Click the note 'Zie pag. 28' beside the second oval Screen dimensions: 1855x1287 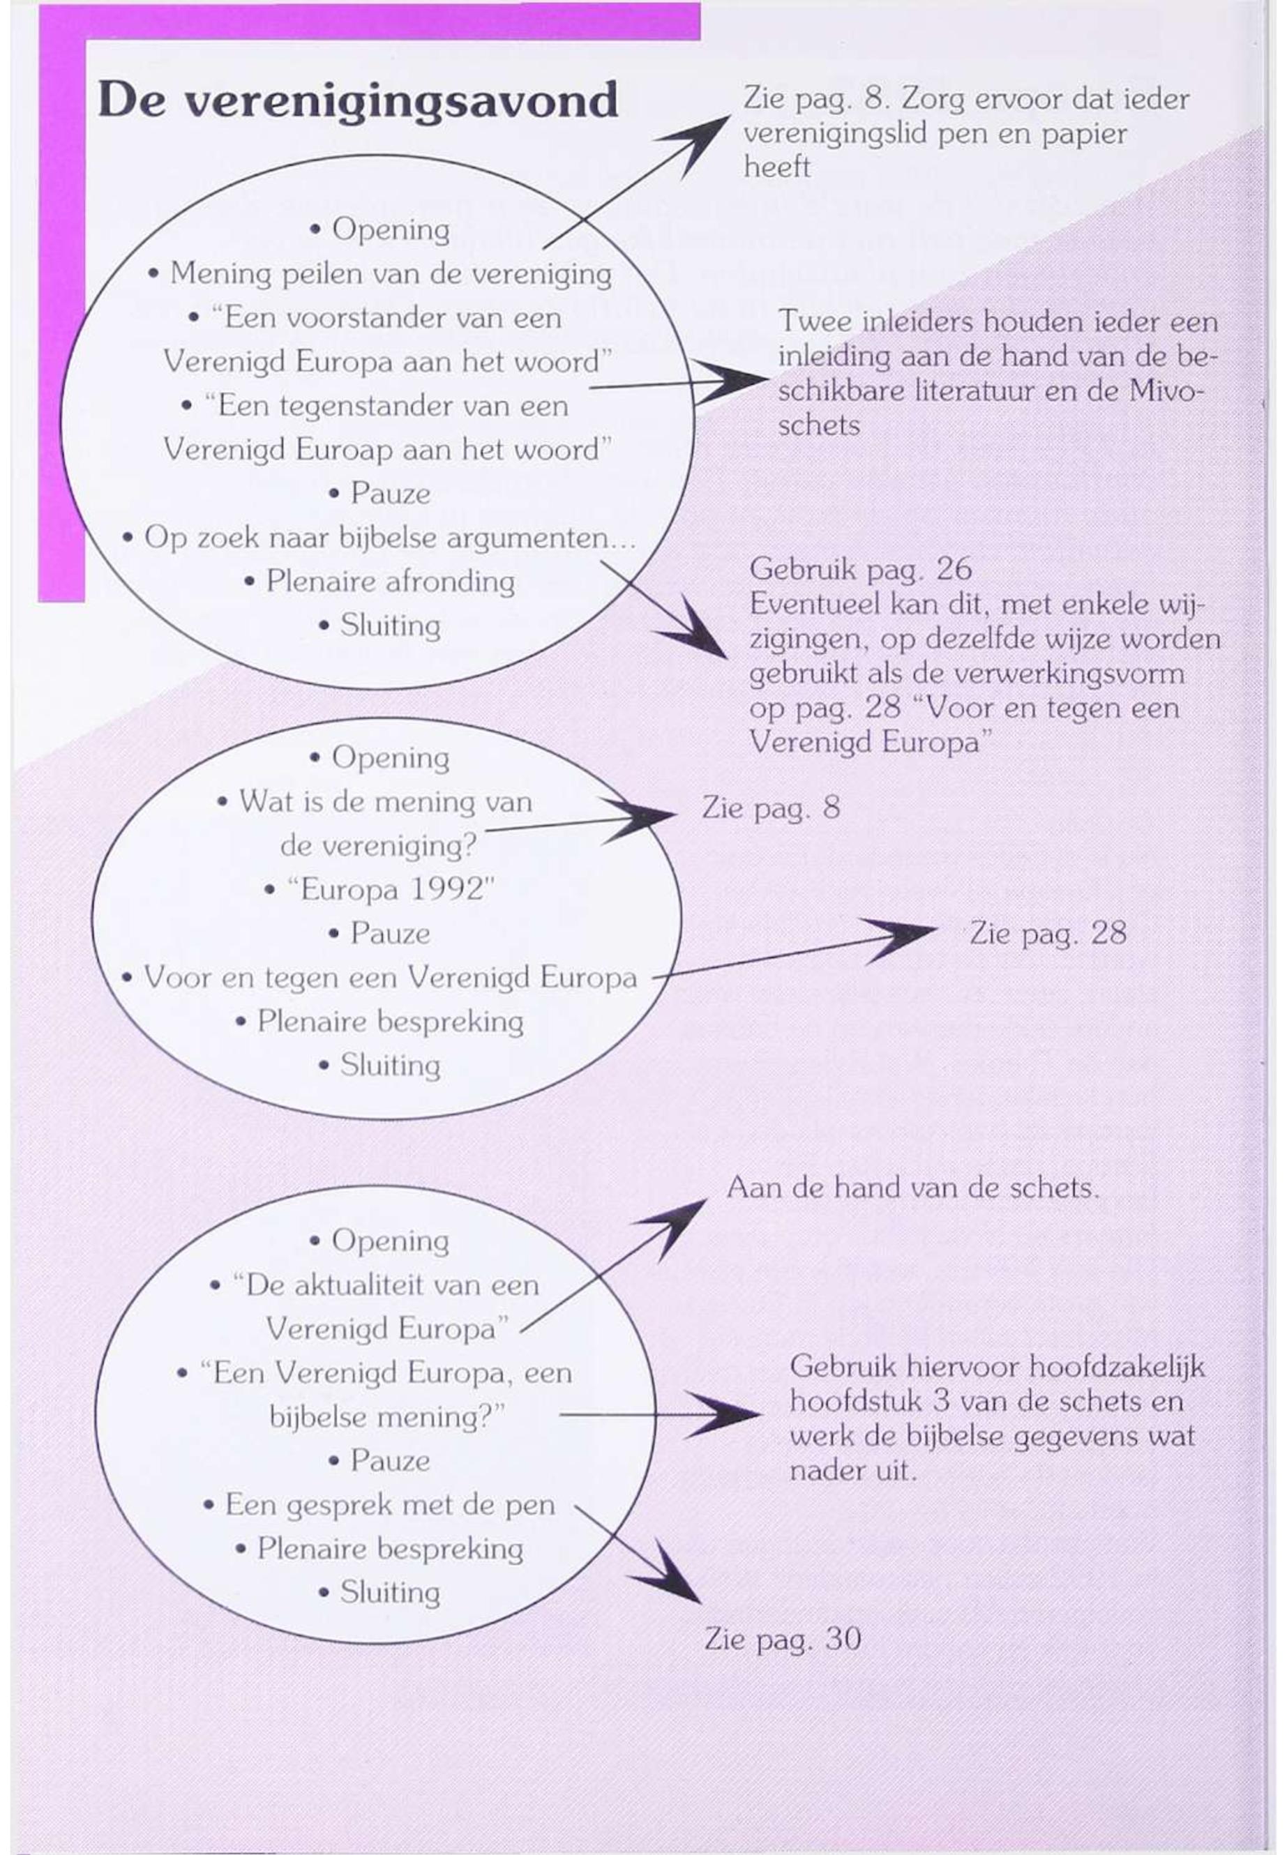[x=1048, y=934]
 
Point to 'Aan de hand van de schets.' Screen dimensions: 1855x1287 [x=913, y=1188]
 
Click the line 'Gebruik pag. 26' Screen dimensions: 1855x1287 [x=860, y=570]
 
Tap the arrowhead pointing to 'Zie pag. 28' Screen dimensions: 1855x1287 [x=899, y=939]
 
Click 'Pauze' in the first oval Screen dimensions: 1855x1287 [x=391, y=493]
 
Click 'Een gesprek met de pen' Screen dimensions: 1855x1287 [x=391, y=1505]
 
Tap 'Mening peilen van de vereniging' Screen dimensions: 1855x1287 [x=391, y=274]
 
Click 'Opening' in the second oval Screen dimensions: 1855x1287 [x=391, y=758]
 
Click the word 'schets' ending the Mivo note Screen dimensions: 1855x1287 [x=818, y=425]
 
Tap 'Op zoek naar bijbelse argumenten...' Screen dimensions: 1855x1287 [x=391, y=538]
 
